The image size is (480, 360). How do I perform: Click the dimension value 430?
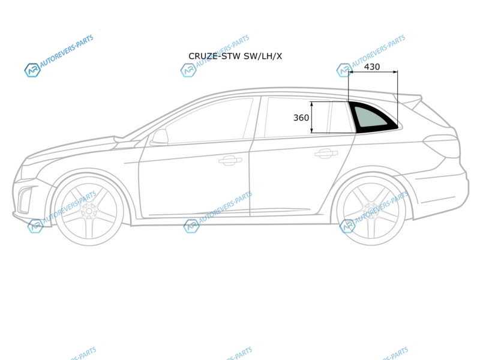click(x=372, y=67)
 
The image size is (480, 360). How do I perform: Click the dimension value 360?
click(x=301, y=118)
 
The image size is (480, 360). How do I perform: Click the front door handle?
click(x=230, y=160)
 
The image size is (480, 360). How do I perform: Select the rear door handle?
click(x=326, y=153)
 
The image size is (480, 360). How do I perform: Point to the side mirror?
click(x=159, y=137)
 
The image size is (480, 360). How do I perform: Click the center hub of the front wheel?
click(x=89, y=211)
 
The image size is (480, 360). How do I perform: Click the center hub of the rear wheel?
click(x=371, y=211)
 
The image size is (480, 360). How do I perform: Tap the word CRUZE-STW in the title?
click(x=214, y=56)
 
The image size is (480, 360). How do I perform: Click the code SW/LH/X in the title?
click(x=263, y=56)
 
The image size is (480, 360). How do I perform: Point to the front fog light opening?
click(x=25, y=200)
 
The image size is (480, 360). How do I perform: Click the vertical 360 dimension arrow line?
click(x=311, y=117)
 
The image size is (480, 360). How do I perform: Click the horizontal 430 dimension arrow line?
click(x=373, y=72)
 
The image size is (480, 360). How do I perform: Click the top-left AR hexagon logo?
click(x=32, y=70)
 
